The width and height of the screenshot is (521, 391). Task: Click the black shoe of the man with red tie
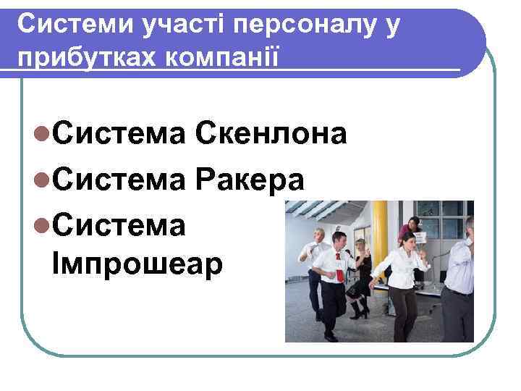coord(331,336)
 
